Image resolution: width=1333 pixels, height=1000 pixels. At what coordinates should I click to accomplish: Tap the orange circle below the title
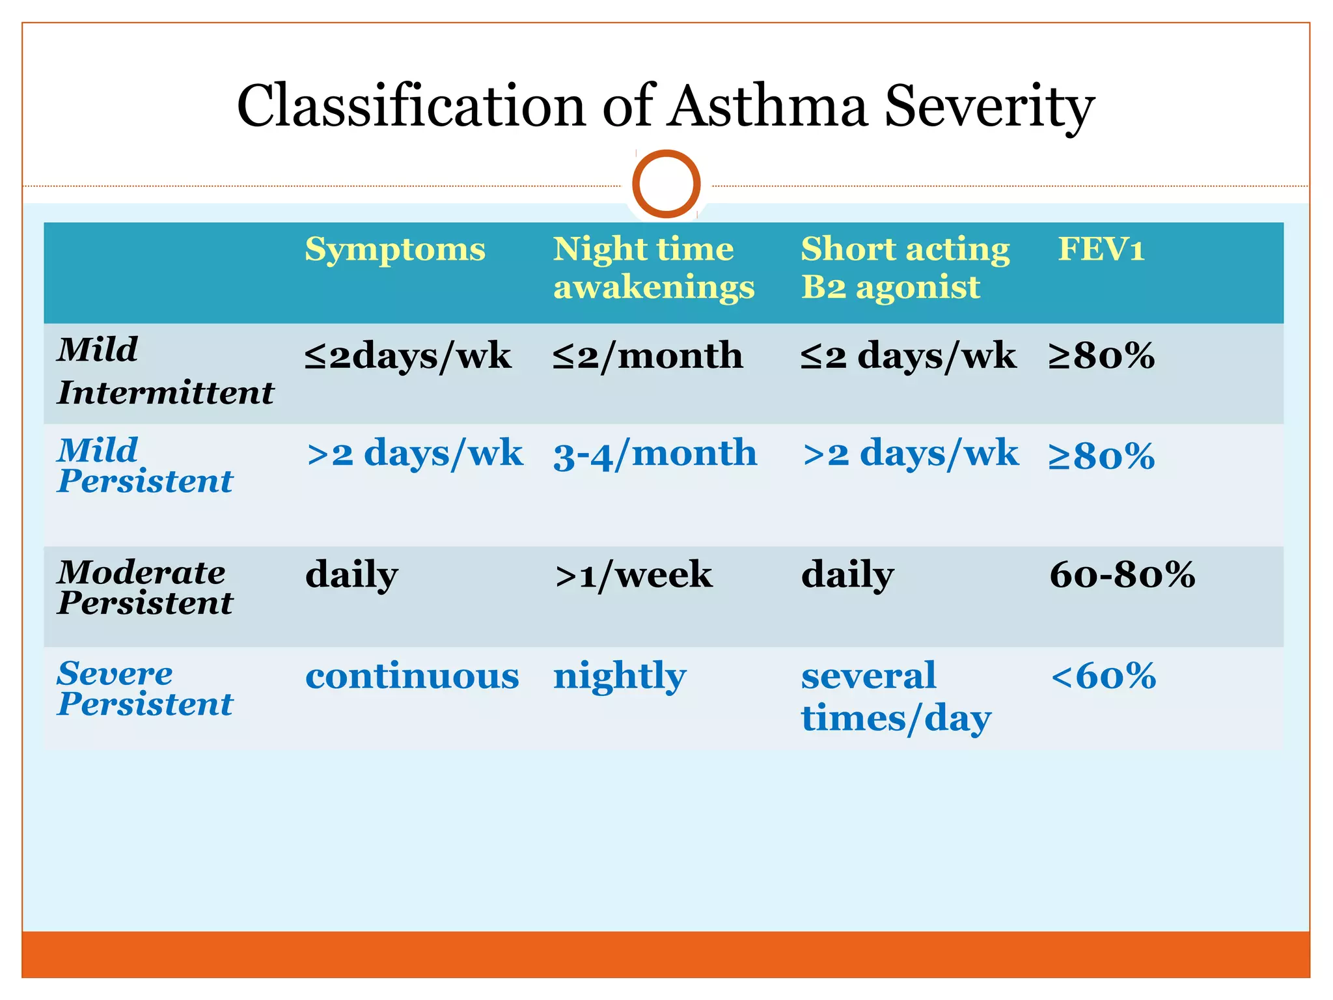pyautogui.click(x=666, y=184)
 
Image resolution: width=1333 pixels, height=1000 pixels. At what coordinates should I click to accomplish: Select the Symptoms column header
pyautogui.click(x=395, y=249)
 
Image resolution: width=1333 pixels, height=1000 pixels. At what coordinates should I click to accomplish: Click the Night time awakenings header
pyautogui.click(x=653, y=268)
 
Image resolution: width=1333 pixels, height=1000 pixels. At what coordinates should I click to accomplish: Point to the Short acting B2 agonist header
pyautogui.click(x=905, y=268)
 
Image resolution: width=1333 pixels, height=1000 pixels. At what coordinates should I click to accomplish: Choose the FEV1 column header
pyautogui.click(x=1101, y=249)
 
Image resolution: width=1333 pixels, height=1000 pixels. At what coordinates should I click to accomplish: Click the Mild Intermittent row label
pyautogui.click(x=165, y=371)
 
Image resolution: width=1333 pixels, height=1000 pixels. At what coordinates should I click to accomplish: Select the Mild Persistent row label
pyautogui.click(x=144, y=465)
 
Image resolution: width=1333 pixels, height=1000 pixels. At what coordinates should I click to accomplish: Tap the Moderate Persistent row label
pyautogui.click(x=144, y=587)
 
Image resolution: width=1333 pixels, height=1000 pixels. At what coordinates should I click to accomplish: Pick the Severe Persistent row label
pyautogui.click(x=144, y=688)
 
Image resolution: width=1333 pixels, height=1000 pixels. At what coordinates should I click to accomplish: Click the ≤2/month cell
pyautogui.click(x=648, y=356)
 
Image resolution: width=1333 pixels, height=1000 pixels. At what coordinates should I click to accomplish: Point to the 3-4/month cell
pyautogui.click(x=655, y=454)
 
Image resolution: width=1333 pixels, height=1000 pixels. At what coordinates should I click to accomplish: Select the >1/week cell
pyautogui.click(x=633, y=575)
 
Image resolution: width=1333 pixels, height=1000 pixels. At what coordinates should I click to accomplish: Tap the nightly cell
pyautogui.click(x=620, y=676)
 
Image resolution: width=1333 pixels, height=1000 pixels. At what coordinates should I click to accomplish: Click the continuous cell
pyautogui.click(x=412, y=676)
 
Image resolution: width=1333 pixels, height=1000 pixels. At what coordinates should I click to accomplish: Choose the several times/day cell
pyautogui.click(x=896, y=697)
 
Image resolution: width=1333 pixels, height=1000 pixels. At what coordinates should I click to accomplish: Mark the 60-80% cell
pyautogui.click(x=1122, y=575)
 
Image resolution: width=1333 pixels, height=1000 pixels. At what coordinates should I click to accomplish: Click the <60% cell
pyautogui.click(x=1103, y=676)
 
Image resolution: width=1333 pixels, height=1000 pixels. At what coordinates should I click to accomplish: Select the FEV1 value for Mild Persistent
pyautogui.click(x=1101, y=455)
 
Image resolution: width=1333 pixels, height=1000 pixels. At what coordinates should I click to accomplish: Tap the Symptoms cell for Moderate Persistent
pyautogui.click(x=351, y=575)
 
